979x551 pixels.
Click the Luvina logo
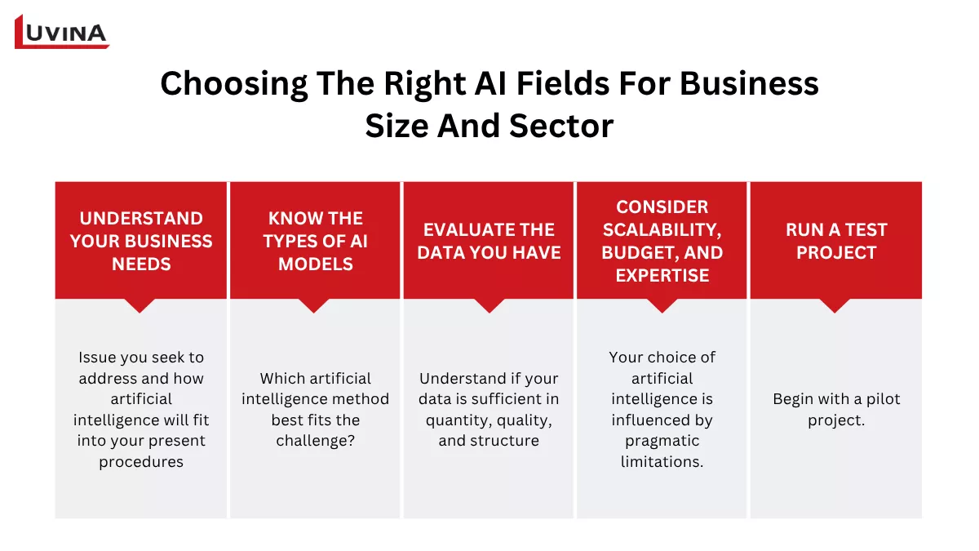tap(62, 32)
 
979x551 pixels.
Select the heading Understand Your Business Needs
tap(141, 241)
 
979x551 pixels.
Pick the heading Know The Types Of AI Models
tap(315, 241)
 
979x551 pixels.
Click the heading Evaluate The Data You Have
tap(489, 241)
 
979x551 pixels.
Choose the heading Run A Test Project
tap(835, 241)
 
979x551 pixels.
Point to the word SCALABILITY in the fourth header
tap(662, 229)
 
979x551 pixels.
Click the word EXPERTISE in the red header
tap(662, 275)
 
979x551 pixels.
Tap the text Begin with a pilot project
tap(835, 410)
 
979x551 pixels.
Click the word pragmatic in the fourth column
tap(662, 441)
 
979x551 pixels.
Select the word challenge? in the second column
tap(316, 441)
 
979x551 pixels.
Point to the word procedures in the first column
tap(141, 462)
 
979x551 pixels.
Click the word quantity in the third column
tap(459, 420)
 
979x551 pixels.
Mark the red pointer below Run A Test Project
tap(835, 305)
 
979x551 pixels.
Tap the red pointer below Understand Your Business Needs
tap(141, 305)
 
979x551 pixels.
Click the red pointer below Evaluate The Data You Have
tap(489, 305)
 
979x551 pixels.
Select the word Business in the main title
tap(749, 84)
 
